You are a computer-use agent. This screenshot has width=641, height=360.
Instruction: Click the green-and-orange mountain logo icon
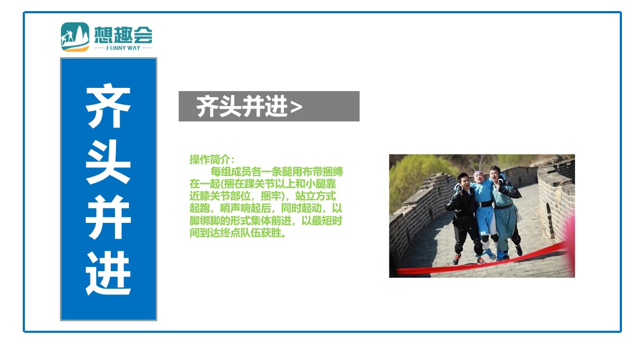(x=75, y=37)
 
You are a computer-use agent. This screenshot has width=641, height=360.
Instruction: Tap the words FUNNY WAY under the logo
(x=123, y=48)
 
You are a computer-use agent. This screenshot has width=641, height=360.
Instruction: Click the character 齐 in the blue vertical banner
(x=108, y=106)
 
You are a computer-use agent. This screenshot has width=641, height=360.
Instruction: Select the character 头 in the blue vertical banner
(x=108, y=162)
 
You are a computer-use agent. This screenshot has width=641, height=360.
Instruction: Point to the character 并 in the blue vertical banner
(x=108, y=217)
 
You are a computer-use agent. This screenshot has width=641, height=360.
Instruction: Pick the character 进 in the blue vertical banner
(x=108, y=273)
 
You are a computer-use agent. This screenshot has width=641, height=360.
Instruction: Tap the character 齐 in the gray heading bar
(x=208, y=106)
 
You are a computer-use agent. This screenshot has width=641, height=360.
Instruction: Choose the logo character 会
(x=143, y=35)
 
